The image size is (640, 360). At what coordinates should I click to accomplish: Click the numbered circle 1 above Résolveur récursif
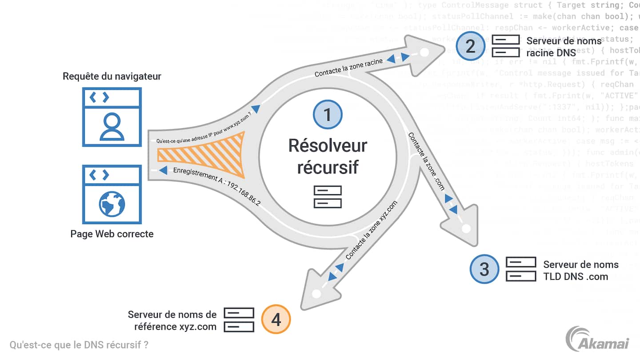(328, 115)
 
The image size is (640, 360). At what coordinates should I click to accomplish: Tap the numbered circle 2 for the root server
(470, 46)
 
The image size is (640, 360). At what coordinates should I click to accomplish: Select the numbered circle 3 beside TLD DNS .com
(484, 269)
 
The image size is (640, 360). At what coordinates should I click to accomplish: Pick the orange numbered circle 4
(276, 320)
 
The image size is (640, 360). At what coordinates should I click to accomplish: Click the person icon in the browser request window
(112, 126)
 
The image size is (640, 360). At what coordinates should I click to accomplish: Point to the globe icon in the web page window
(112, 204)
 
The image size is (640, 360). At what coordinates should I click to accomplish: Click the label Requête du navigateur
(112, 76)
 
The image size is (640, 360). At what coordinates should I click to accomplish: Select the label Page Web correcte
(112, 234)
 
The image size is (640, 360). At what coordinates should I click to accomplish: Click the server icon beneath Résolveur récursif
(328, 197)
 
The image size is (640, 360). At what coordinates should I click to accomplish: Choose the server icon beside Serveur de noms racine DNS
(505, 46)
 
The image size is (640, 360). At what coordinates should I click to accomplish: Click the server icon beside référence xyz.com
(239, 320)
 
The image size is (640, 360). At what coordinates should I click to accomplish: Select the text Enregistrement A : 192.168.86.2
(216, 187)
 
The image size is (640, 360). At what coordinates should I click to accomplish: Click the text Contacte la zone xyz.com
(371, 230)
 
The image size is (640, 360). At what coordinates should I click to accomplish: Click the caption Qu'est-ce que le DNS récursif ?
(79, 344)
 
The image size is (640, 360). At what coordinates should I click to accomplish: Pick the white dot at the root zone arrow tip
(424, 52)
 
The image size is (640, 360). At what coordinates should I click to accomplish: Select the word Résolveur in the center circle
(328, 145)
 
